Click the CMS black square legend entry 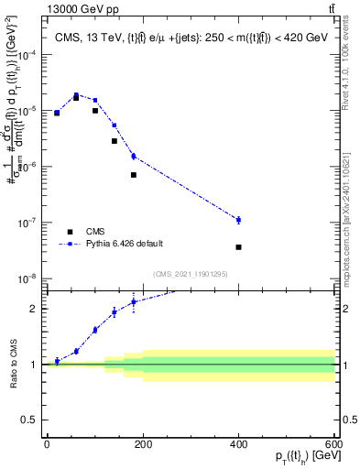point(70,232)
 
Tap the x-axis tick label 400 point(238,444)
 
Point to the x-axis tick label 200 point(142,444)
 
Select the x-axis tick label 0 point(47,444)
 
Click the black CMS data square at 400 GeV point(238,247)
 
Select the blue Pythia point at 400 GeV point(238,220)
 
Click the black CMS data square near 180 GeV point(133,175)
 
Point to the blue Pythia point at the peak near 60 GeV point(76,93)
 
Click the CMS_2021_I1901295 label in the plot point(190,274)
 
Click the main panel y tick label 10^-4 point(27,55)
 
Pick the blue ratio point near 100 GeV point(94,330)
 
